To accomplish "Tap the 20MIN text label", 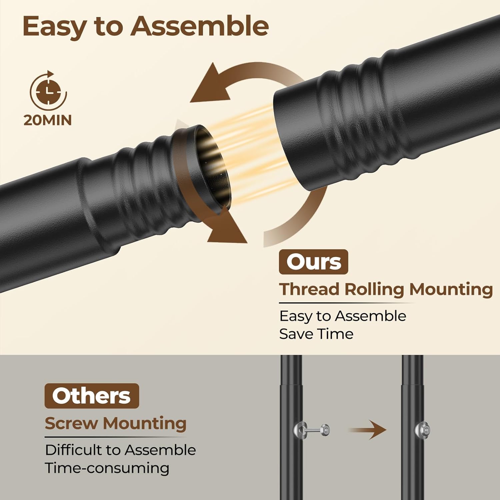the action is tap(48, 120).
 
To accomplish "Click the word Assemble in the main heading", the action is tap(200, 26).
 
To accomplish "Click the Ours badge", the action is tap(313, 262).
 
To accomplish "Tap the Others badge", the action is tap(92, 396).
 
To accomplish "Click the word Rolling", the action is tap(374, 290).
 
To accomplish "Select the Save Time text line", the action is tap(316, 334).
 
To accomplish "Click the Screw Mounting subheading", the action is tap(116, 424).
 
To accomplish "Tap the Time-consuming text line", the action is tap(107, 468).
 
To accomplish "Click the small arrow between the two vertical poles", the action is tap(368, 430).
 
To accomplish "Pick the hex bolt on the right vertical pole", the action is tap(422, 429).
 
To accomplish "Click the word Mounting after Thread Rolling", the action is tap(451, 290).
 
